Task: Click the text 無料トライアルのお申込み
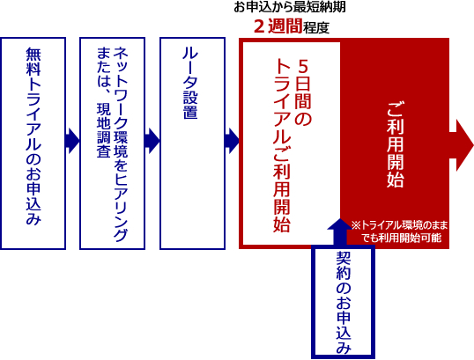coord(33,136)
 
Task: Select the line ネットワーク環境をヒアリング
coord(121,144)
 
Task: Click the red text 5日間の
coord(302,92)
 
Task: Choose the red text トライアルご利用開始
coord(281,145)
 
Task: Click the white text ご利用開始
coord(396,144)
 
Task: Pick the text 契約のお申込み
coord(344,303)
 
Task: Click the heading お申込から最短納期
coord(290,7)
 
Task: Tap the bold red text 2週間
coord(278,26)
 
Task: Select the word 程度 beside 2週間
coord(316,28)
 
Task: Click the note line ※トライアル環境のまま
coord(399,225)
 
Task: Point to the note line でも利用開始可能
coord(402,238)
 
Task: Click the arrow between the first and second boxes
coord(72,141)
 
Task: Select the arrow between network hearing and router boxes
coord(152,141)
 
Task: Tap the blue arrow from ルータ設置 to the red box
coord(233,141)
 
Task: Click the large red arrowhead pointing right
coord(462,145)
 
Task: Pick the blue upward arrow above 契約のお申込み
coord(340,231)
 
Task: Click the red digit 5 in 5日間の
coord(302,66)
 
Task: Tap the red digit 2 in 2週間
coord(259,26)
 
